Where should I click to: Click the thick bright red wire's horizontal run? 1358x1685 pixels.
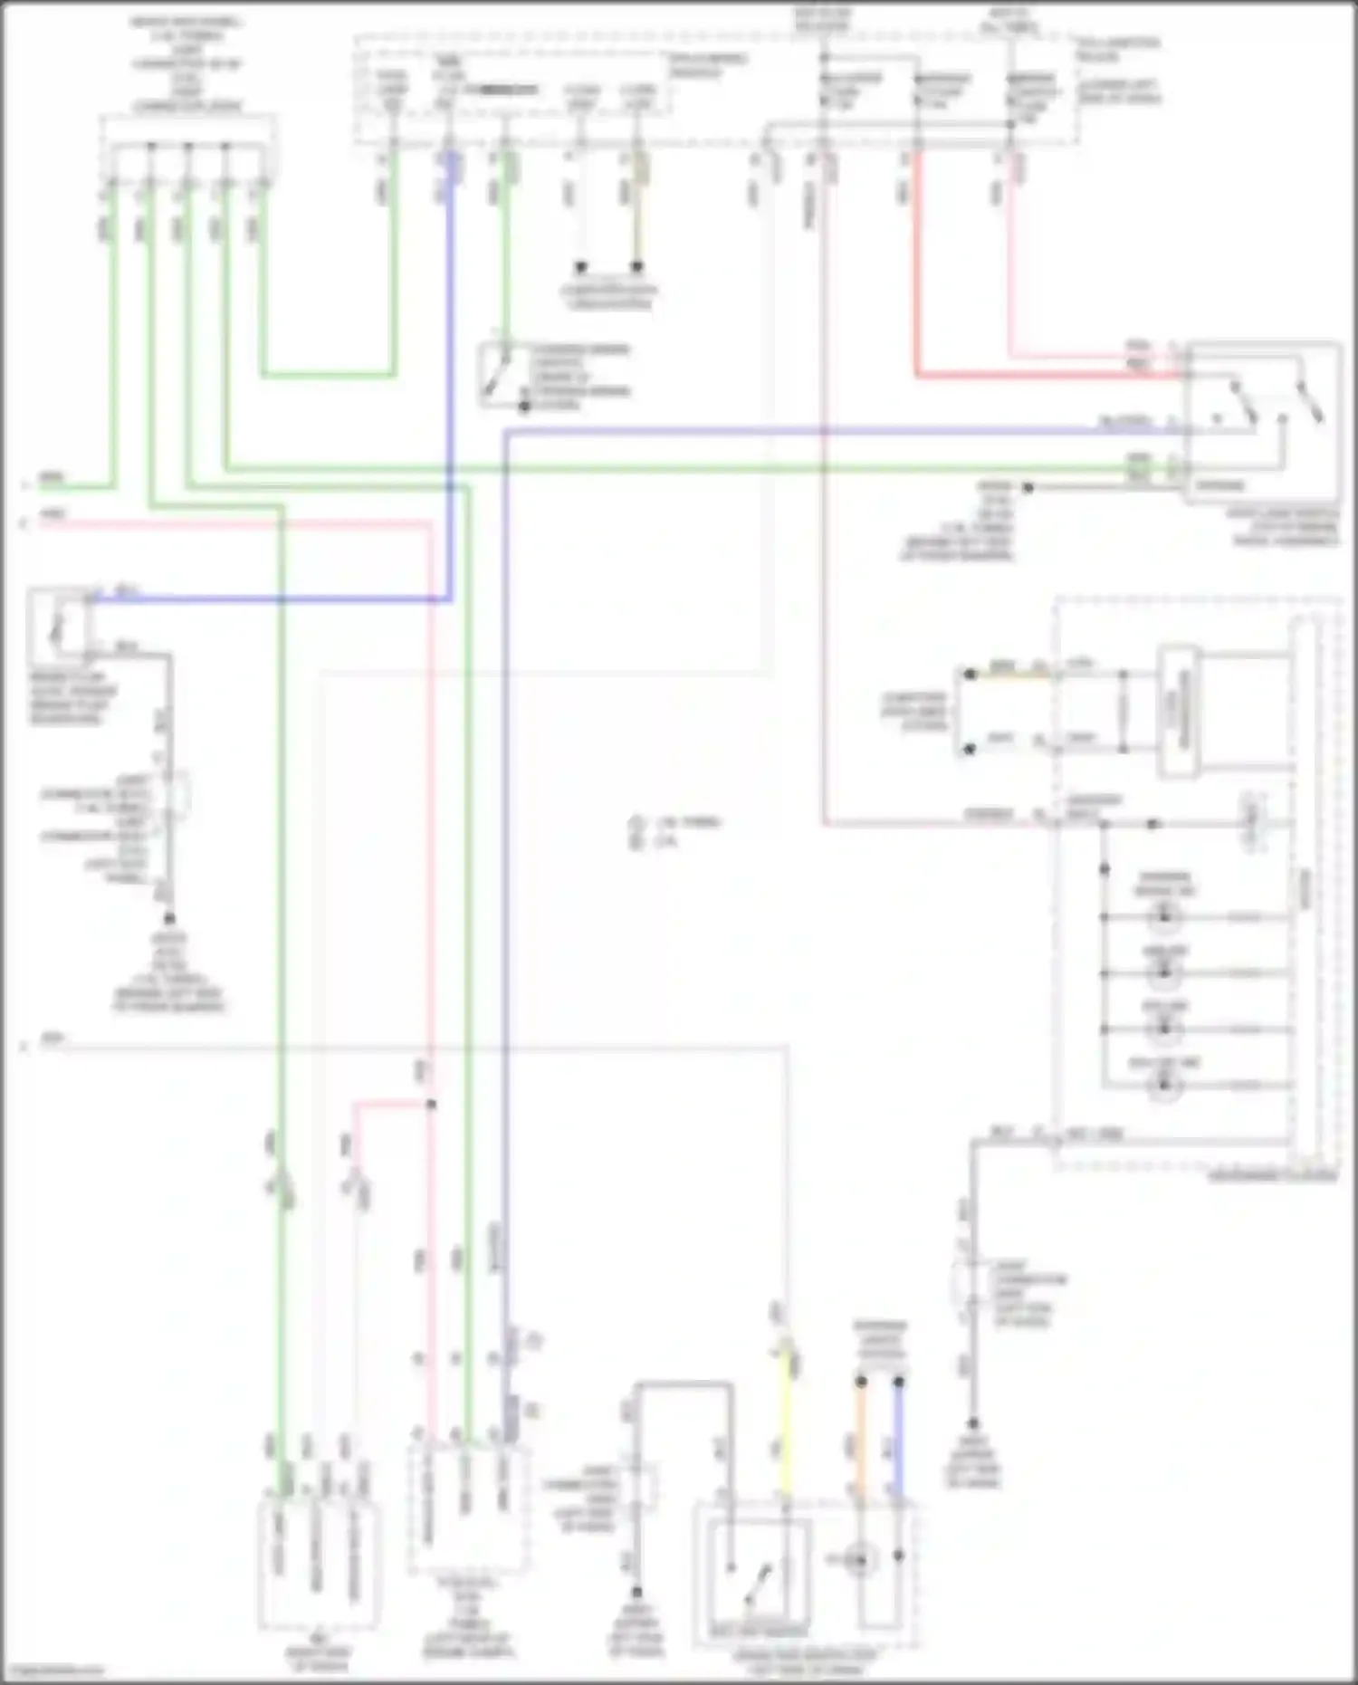(1041, 374)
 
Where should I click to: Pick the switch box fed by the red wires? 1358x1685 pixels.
(1263, 421)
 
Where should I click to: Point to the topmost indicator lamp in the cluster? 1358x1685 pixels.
(1164, 917)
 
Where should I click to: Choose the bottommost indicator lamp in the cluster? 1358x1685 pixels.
(1164, 1085)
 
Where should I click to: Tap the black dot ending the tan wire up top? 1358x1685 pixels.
(637, 267)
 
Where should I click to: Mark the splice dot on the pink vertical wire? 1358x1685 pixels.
(431, 1104)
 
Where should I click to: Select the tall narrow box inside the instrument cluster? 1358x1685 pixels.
(1180, 711)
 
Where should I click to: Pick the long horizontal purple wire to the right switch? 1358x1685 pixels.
(815, 431)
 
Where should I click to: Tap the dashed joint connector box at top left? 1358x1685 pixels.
(188, 145)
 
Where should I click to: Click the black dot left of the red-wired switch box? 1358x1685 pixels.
(1028, 487)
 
